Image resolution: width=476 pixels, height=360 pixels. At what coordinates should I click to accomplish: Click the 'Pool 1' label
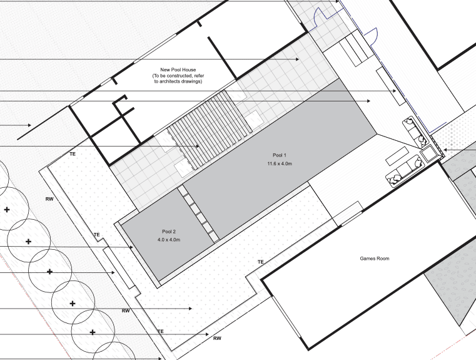[280, 155]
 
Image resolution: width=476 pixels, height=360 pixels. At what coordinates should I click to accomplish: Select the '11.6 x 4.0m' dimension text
[280, 164]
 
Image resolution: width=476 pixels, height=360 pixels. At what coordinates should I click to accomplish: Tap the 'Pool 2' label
[169, 232]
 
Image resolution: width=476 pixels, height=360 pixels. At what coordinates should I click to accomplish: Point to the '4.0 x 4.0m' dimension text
[169, 240]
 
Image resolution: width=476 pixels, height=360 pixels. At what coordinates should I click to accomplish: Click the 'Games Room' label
[375, 259]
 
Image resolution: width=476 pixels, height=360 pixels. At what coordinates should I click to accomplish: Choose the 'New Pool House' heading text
[178, 69]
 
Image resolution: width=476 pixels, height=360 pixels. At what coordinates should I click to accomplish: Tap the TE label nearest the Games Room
[260, 262]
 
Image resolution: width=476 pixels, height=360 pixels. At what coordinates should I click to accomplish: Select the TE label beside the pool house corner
[73, 154]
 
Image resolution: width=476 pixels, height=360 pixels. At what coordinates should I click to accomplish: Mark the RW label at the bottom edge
[217, 338]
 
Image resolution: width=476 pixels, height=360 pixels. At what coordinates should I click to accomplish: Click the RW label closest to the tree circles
[49, 199]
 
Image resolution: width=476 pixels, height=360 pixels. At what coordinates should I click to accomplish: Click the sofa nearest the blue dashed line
[415, 132]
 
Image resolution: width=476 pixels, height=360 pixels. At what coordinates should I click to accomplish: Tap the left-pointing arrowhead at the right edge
[445, 150]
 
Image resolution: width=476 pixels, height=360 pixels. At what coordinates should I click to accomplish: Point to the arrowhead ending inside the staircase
[197, 146]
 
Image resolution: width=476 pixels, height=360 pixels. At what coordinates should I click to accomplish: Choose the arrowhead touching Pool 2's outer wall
[131, 247]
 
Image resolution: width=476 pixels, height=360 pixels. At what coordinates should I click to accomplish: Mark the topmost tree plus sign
[7, 209]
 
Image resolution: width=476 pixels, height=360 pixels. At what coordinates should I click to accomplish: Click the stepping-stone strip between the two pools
[198, 214]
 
